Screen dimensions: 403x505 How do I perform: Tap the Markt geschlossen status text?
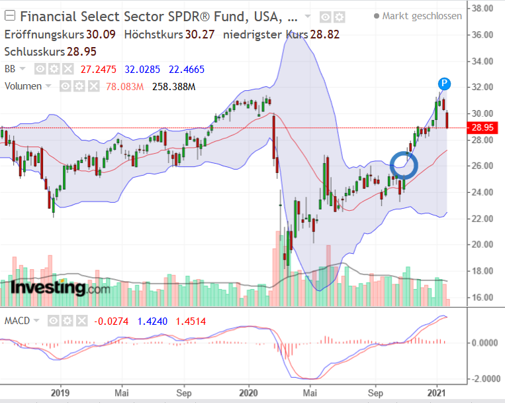[x=422, y=16]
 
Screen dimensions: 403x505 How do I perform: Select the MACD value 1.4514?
[x=190, y=321]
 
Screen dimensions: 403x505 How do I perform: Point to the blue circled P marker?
[x=445, y=84]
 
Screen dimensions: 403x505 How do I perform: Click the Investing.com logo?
[x=60, y=288]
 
